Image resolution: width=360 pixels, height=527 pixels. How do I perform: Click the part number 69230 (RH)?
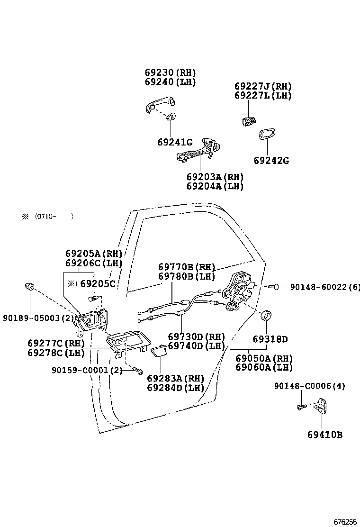tap(170, 73)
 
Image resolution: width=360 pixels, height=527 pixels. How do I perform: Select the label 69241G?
tap(175, 142)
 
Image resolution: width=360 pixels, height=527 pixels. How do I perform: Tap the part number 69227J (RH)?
tap(263, 86)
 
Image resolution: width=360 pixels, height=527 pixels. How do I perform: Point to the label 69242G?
tap(271, 161)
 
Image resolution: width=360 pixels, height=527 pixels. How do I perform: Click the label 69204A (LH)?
tap(215, 186)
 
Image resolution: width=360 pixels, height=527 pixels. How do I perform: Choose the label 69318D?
tap(270, 339)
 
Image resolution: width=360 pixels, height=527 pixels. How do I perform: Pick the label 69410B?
tap(324, 435)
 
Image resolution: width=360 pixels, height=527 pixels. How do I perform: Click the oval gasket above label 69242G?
tap(268, 135)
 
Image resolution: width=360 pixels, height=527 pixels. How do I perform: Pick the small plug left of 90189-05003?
tap(29, 286)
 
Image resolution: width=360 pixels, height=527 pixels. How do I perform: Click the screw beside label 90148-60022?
tap(272, 287)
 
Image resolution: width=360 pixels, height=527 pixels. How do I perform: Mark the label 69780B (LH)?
tap(187, 276)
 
